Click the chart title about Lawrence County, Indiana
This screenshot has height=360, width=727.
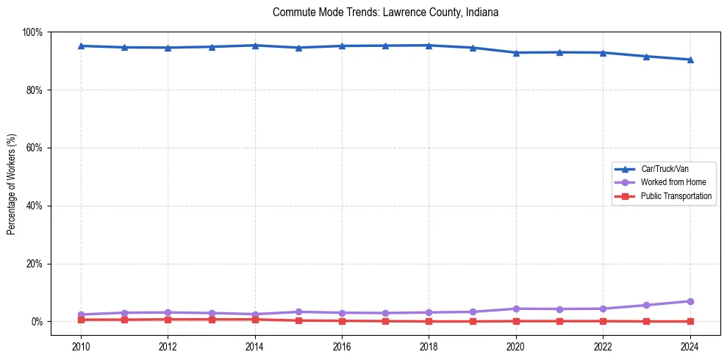[x=385, y=12]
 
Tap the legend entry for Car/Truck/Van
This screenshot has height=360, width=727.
[x=664, y=169]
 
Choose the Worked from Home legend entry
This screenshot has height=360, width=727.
[x=673, y=182]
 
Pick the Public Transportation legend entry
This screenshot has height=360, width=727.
[x=676, y=196]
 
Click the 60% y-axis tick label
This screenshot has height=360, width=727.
[x=34, y=148]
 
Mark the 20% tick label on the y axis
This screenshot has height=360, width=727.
[x=34, y=264]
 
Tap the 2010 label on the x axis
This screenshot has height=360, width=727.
[x=81, y=345]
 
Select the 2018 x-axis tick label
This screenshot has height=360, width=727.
[x=429, y=345]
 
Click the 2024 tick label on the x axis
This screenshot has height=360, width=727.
[x=690, y=345]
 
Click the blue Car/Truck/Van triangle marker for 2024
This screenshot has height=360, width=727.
[x=690, y=60]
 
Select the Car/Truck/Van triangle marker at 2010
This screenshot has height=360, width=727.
[x=81, y=46]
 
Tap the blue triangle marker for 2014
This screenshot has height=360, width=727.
[x=255, y=46]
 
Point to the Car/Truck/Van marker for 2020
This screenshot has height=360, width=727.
[x=516, y=53]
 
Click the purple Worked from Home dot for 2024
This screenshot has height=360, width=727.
[x=690, y=301]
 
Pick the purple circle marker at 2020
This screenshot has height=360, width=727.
[x=516, y=309]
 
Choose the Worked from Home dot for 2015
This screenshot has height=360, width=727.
[x=298, y=312]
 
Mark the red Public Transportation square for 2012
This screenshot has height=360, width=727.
[x=168, y=320]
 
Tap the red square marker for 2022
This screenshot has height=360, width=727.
[x=603, y=321]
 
